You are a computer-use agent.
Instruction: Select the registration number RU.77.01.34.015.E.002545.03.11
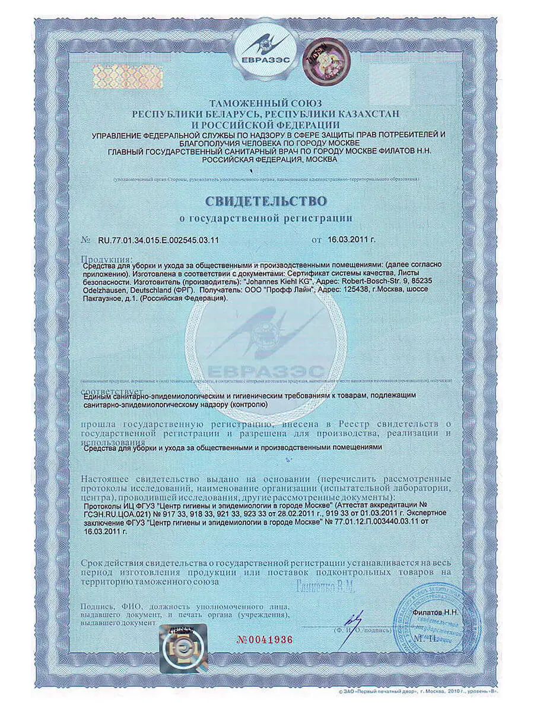point(158,240)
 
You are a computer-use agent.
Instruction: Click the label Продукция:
point(106,259)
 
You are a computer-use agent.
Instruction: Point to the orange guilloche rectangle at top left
point(127,77)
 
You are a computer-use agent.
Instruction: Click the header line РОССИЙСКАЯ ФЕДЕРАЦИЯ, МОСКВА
point(269,160)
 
